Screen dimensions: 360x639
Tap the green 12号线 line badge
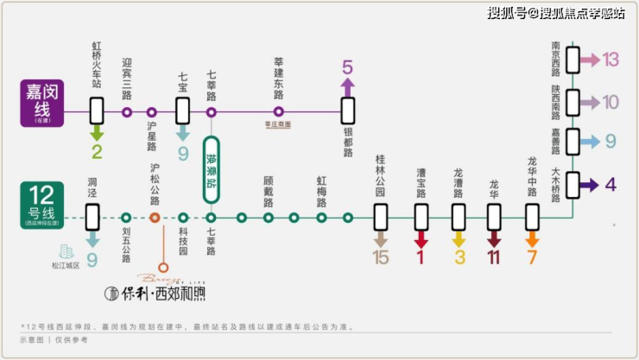click(x=43, y=205)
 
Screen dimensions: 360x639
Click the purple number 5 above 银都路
click(x=347, y=66)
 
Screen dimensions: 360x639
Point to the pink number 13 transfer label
click(x=611, y=60)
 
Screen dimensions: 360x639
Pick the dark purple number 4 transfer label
click(x=611, y=184)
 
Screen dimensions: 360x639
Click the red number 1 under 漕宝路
click(x=421, y=256)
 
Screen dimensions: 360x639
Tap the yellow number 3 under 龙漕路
click(x=459, y=256)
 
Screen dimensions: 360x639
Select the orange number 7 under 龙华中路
click(x=532, y=256)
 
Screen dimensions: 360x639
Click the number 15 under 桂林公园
click(x=381, y=256)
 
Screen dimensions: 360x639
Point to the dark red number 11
click(x=494, y=256)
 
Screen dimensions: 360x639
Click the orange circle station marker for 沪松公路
click(x=155, y=218)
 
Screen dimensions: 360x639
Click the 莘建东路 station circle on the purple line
click(x=278, y=112)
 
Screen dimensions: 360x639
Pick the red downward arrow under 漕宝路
click(x=421, y=237)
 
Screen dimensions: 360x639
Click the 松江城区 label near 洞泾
click(x=66, y=265)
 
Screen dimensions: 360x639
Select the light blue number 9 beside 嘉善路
click(x=611, y=140)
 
